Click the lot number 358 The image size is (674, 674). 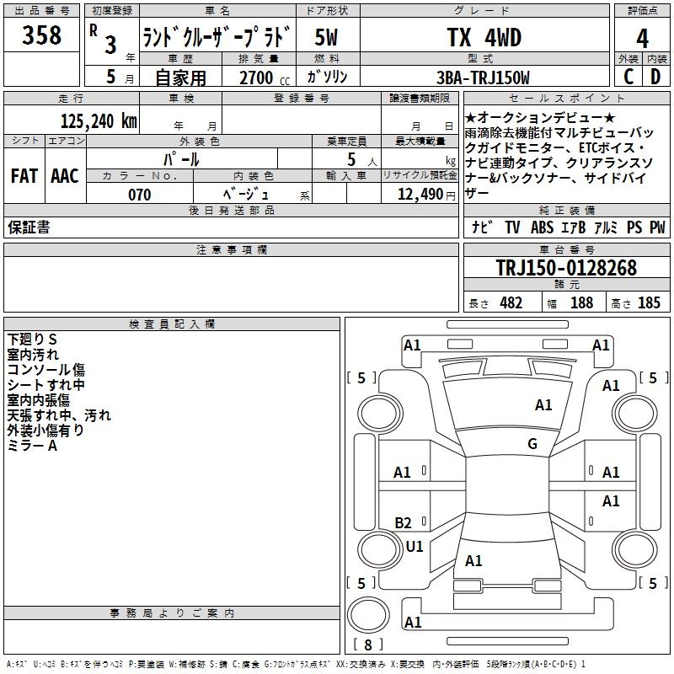[42, 35]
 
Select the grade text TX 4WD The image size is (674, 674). [484, 37]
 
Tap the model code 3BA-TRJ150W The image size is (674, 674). [484, 78]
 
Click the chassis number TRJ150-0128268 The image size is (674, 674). [566, 268]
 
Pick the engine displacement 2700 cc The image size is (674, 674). [258, 78]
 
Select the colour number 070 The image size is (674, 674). [139, 195]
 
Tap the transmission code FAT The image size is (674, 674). [24, 175]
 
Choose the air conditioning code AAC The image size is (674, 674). [65, 175]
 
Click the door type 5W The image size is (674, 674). [327, 37]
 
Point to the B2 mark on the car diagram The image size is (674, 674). [404, 523]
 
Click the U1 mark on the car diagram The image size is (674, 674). [415, 547]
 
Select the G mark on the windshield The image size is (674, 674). [532, 444]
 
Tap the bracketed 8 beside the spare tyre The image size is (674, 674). [367, 645]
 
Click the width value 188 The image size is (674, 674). [581, 303]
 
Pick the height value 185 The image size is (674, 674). [649, 303]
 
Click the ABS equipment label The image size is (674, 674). [542, 227]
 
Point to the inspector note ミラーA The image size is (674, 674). [32, 446]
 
